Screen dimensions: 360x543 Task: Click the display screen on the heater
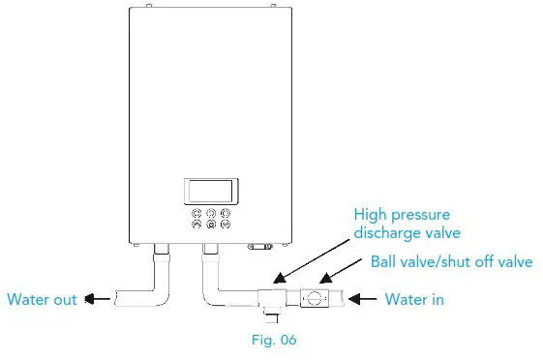tap(211, 190)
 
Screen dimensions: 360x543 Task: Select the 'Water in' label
tap(414, 300)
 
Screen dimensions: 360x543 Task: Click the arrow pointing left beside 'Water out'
tap(95, 300)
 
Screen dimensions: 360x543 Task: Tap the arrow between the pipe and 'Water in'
tap(364, 300)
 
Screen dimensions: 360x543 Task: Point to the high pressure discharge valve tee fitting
tap(272, 298)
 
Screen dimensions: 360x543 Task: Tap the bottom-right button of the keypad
tap(225, 225)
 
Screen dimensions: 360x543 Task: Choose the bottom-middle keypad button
tap(211, 225)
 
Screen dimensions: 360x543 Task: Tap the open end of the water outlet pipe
tap(114, 300)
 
